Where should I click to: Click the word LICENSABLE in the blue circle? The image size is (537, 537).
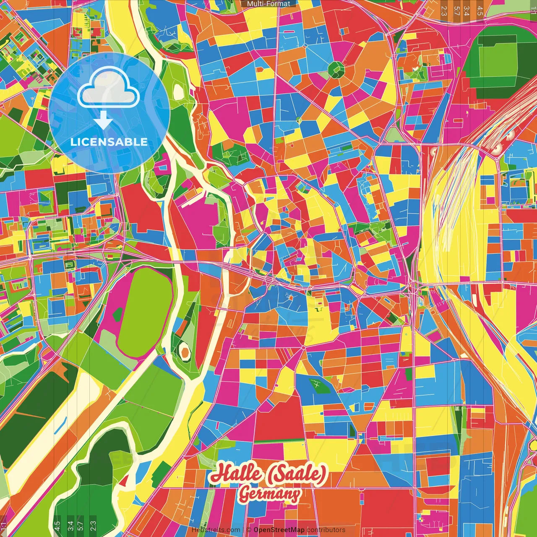109,142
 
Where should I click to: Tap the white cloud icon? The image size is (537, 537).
109,88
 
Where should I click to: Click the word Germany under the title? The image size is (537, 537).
269,494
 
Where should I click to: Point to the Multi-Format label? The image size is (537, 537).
268,4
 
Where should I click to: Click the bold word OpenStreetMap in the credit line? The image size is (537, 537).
279,530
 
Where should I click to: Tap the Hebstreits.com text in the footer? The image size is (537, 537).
216,530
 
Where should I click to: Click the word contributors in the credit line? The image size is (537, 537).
326,530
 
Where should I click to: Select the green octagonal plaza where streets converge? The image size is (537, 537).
336,70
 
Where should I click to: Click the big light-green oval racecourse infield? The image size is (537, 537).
145,313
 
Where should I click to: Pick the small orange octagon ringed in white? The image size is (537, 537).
185,351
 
